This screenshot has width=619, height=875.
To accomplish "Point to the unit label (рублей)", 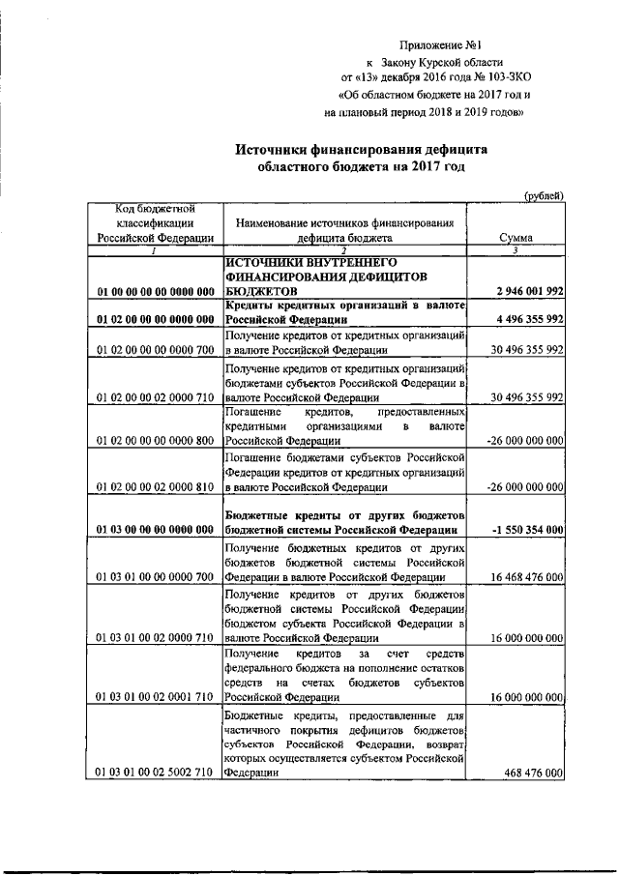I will [x=544, y=195].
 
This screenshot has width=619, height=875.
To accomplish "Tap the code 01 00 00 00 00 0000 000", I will [x=155, y=291].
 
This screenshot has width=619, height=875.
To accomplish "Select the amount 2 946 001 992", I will [x=528, y=291].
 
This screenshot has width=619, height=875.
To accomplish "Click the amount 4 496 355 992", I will [x=528, y=319].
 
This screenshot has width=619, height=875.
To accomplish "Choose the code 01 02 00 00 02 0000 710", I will [x=155, y=396].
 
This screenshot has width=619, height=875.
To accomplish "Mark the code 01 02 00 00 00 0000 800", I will [x=155, y=439].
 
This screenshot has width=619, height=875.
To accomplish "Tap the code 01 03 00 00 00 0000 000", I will [x=155, y=530].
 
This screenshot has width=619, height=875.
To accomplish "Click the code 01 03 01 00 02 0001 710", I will [x=155, y=696].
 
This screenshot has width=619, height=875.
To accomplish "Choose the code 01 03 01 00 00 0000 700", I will [x=155, y=577].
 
